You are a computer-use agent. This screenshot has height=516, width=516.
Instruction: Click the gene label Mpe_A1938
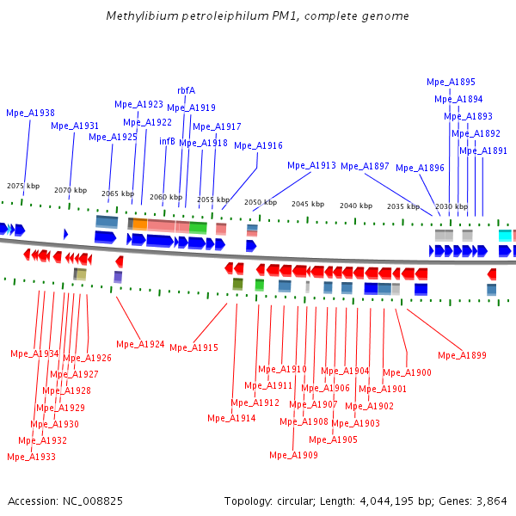click(x=30, y=113)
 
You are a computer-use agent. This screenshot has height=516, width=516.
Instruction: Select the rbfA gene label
click(x=186, y=90)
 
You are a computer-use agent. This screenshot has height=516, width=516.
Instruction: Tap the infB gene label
click(x=167, y=141)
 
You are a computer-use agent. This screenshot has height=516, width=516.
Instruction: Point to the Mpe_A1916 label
click(x=258, y=145)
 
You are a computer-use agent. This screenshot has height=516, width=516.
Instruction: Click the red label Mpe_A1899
click(x=462, y=355)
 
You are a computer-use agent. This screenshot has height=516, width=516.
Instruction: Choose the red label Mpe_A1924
click(x=140, y=344)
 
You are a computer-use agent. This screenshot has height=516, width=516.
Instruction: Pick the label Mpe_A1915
click(x=193, y=347)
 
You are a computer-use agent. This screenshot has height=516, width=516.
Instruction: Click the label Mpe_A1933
click(x=31, y=457)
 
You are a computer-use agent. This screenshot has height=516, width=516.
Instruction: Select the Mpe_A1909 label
click(x=293, y=455)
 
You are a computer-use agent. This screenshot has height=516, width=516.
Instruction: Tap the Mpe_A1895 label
click(x=451, y=83)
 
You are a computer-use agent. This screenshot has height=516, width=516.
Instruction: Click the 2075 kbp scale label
click(x=23, y=186)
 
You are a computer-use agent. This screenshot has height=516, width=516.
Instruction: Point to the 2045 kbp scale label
click(x=307, y=204)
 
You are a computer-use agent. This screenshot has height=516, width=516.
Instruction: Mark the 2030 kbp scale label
click(x=451, y=206)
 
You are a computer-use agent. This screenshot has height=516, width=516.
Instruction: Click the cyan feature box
click(x=505, y=235)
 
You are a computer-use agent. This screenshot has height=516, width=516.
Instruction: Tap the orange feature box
click(x=140, y=224)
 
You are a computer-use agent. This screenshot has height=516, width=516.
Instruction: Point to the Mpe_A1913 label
click(x=311, y=165)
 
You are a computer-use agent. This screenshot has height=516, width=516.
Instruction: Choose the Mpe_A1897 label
click(x=365, y=166)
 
